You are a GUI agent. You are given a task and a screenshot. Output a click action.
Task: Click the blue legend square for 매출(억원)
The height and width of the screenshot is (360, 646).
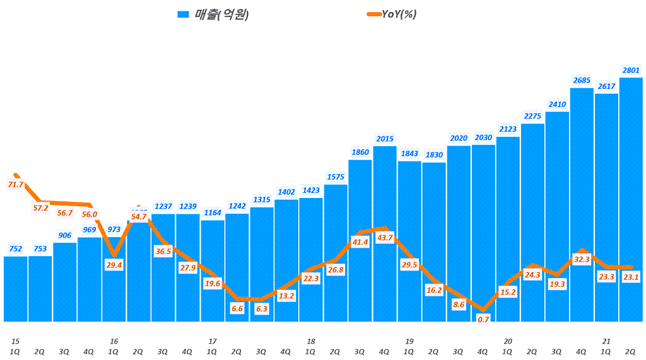tap(184, 15)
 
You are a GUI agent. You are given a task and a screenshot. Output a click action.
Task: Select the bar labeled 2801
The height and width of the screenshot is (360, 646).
tap(631, 202)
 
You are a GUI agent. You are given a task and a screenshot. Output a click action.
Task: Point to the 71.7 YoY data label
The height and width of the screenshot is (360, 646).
tap(15, 185)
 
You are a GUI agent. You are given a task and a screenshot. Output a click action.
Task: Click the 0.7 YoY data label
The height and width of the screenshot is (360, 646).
tap(484, 319)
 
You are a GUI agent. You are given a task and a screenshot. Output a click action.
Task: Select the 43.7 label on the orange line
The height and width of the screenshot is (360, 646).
tap(385, 238)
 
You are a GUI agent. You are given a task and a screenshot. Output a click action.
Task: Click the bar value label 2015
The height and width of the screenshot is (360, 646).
tap(385, 139)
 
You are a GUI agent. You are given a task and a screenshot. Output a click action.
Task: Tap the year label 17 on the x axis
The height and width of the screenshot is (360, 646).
tap(212, 341)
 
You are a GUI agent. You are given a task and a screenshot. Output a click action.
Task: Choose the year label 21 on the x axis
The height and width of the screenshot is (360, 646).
tap(606, 341)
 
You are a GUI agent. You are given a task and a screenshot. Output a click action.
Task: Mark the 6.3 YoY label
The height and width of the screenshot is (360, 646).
tap(262, 309)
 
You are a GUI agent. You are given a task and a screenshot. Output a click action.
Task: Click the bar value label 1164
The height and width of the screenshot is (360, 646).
tap(213, 213)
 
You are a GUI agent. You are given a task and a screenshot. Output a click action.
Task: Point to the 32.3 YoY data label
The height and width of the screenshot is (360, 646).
tap(582, 259)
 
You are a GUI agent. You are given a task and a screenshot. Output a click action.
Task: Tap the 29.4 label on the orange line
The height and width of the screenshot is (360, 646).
tap(114, 265)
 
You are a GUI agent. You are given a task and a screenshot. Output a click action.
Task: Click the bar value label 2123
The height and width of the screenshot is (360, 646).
tap(508, 129)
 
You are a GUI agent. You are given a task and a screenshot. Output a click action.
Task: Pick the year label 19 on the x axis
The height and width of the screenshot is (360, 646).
tap(409, 341)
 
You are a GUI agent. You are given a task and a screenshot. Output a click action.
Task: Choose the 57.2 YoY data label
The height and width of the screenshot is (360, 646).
tap(40, 207)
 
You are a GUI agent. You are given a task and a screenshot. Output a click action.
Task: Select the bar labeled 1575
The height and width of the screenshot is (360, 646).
tap(336, 252)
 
